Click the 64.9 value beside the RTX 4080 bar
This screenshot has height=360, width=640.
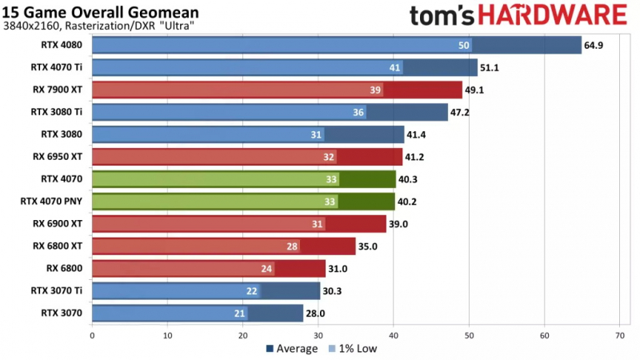point(594,46)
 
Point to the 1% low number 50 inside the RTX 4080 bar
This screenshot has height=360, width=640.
point(464,46)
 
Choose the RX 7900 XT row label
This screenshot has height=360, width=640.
point(61,90)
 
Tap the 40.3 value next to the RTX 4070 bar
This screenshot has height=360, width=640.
point(409,179)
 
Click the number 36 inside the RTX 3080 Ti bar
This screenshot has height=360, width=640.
point(358,113)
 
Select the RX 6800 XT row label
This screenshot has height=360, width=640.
point(61,246)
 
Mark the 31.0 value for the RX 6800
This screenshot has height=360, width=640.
point(338,269)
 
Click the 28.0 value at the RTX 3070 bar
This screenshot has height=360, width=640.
point(316,314)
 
